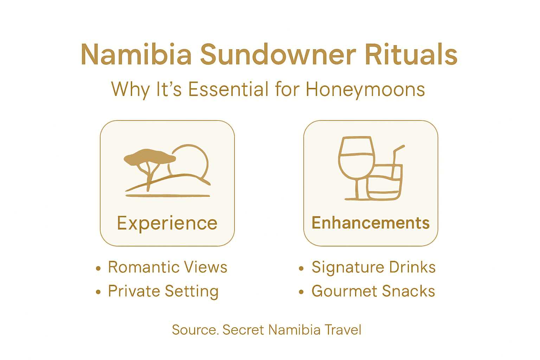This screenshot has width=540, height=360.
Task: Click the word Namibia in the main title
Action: click(x=136, y=55)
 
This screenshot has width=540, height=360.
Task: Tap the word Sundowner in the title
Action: click(x=278, y=55)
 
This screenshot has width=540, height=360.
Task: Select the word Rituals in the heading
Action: click(x=411, y=55)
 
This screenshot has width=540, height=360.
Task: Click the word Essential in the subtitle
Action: click(x=229, y=89)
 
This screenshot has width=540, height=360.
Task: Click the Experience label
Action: click(x=167, y=223)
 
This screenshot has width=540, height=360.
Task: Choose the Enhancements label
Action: click(x=371, y=223)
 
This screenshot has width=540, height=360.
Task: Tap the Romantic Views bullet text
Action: click(x=167, y=268)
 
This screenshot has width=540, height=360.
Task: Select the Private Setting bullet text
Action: click(x=163, y=291)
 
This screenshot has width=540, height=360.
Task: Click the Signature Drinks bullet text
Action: click(x=373, y=268)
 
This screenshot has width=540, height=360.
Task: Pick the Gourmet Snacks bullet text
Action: click(x=373, y=291)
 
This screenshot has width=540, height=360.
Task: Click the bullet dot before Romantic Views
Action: click(x=98, y=269)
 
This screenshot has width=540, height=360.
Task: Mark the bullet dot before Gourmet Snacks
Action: click(x=301, y=292)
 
